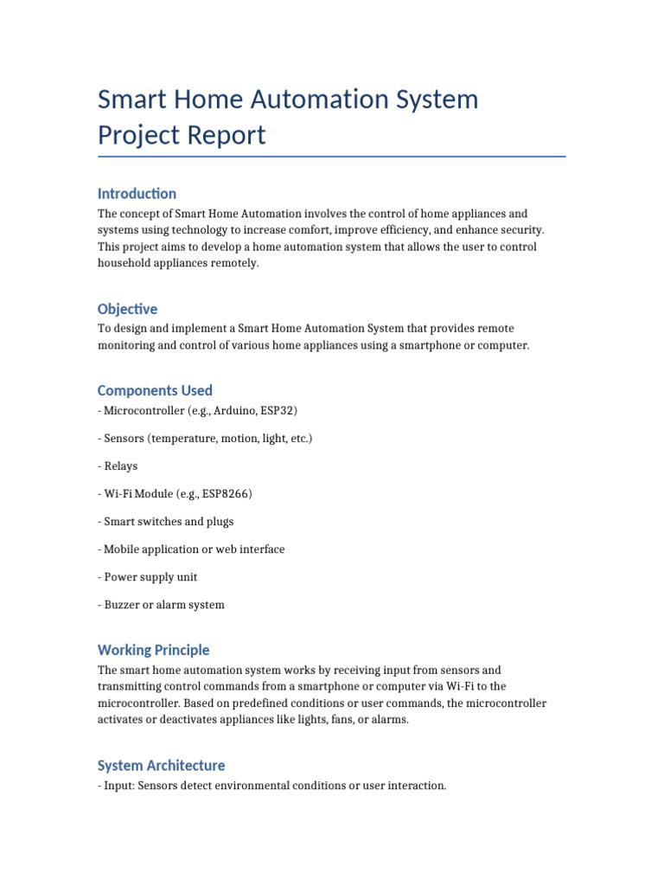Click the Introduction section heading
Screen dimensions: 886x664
(x=137, y=193)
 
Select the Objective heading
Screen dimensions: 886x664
(x=127, y=309)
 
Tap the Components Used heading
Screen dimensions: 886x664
(x=155, y=390)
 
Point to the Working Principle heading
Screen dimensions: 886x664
(x=153, y=650)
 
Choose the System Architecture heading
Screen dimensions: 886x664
(x=161, y=765)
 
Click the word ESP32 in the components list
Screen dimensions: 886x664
(x=278, y=410)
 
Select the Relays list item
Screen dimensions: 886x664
(x=120, y=465)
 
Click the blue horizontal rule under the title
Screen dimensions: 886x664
(x=332, y=157)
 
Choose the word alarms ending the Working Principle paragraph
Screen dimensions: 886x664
(x=388, y=719)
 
